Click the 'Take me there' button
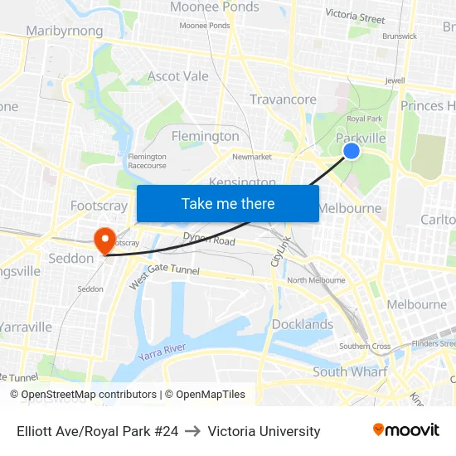click(x=228, y=203)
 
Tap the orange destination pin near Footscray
click(x=105, y=241)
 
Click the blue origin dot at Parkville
click(x=352, y=150)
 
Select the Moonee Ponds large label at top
click(x=215, y=7)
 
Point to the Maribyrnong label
click(x=65, y=32)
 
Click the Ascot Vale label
click(x=178, y=76)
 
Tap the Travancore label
click(x=283, y=99)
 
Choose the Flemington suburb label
click(x=205, y=136)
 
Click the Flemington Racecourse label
click(x=148, y=161)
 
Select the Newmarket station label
click(x=252, y=157)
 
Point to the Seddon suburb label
click(x=71, y=259)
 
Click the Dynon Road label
click(x=209, y=241)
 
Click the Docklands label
click(x=303, y=324)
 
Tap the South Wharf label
click(x=349, y=371)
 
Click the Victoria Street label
click(x=355, y=16)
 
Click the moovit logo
click(x=406, y=430)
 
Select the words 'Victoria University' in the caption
click(x=264, y=431)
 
